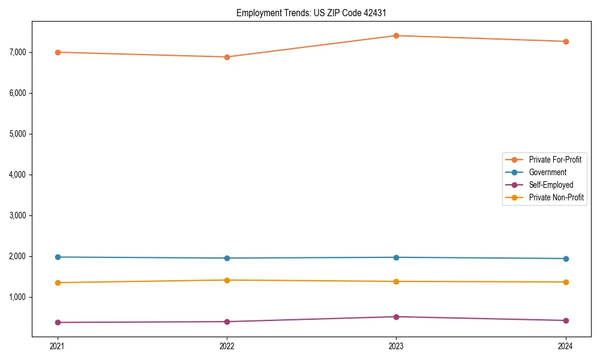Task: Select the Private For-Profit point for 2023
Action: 396,35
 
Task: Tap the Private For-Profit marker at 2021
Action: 58,52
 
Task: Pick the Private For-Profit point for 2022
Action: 227,57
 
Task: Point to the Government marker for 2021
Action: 58,257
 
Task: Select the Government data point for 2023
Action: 396,257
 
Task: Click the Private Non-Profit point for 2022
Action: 227,280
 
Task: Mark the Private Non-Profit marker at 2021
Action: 58,283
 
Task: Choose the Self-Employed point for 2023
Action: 396,317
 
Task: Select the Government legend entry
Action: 547,172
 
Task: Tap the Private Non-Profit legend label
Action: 556,197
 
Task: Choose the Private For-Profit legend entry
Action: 554,160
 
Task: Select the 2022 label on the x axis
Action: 227,346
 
